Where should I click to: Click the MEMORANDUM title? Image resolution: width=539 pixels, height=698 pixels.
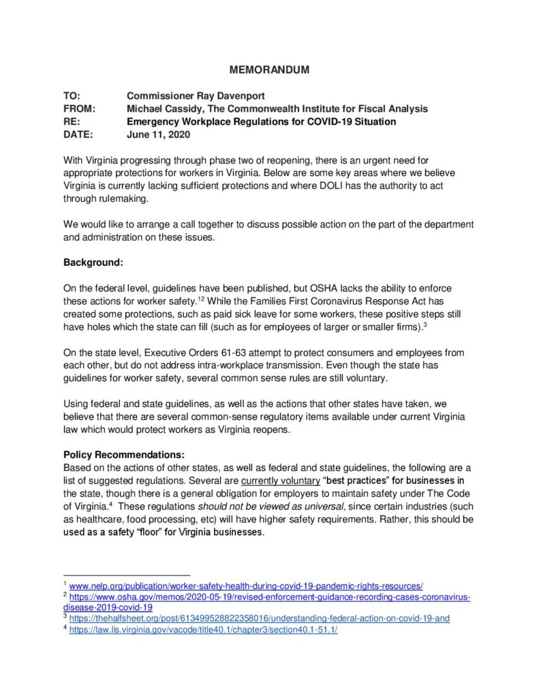coord(268,70)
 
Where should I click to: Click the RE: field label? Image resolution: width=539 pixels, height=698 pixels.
coord(72,121)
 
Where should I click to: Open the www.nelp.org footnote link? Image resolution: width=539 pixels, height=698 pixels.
coord(247,586)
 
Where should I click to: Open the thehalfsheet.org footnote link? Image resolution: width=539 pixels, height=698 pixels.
coord(259,618)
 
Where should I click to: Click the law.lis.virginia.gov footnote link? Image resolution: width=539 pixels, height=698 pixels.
coord(203,629)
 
